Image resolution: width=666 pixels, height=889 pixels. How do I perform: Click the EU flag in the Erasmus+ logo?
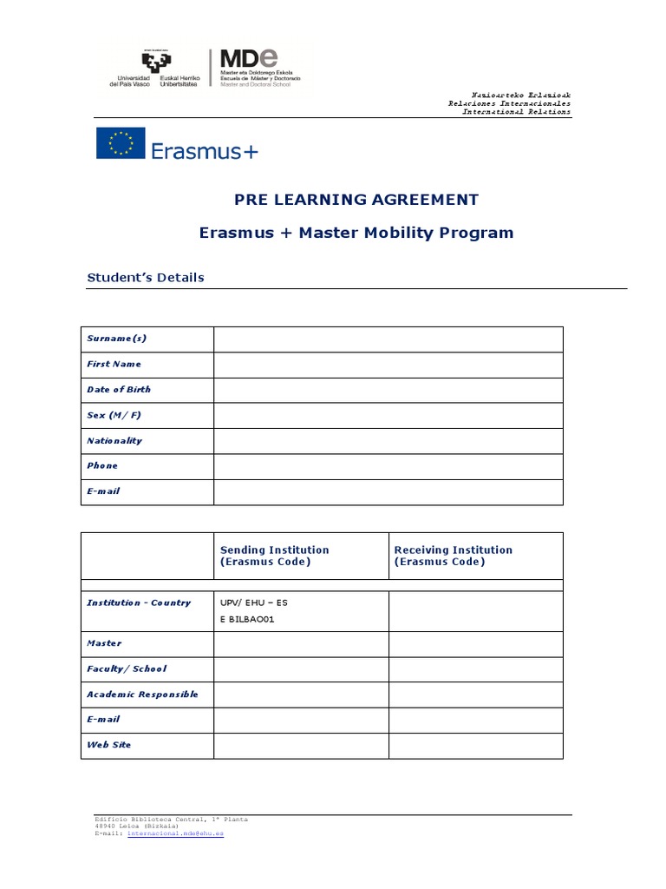[121, 143]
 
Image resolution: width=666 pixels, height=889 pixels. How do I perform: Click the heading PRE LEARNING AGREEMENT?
[356, 200]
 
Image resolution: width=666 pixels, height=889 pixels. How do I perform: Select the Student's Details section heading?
[146, 278]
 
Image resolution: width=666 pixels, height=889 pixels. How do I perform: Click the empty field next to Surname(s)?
[388, 339]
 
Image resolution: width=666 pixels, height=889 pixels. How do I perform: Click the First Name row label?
[114, 365]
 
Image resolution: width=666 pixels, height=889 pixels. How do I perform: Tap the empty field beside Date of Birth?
[388, 390]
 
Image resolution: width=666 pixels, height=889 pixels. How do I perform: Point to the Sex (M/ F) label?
[114, 415]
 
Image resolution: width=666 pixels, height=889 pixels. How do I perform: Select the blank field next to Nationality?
[388, 441]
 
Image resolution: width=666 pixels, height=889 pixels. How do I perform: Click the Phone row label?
[102, 466]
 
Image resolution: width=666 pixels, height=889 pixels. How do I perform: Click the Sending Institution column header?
[275, 556]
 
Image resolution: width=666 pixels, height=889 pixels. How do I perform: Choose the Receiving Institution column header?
[454, 556]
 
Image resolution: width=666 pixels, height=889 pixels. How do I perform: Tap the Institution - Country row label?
[139, 603]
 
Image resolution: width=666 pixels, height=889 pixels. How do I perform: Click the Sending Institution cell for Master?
[301, 644]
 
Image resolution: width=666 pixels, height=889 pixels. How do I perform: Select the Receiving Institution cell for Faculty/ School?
[475, 669]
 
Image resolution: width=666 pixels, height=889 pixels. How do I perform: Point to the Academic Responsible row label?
[142, 695]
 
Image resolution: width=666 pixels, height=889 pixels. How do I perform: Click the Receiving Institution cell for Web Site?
[475, 746]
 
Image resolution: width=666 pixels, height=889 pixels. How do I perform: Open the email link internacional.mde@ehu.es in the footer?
[175, 833]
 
